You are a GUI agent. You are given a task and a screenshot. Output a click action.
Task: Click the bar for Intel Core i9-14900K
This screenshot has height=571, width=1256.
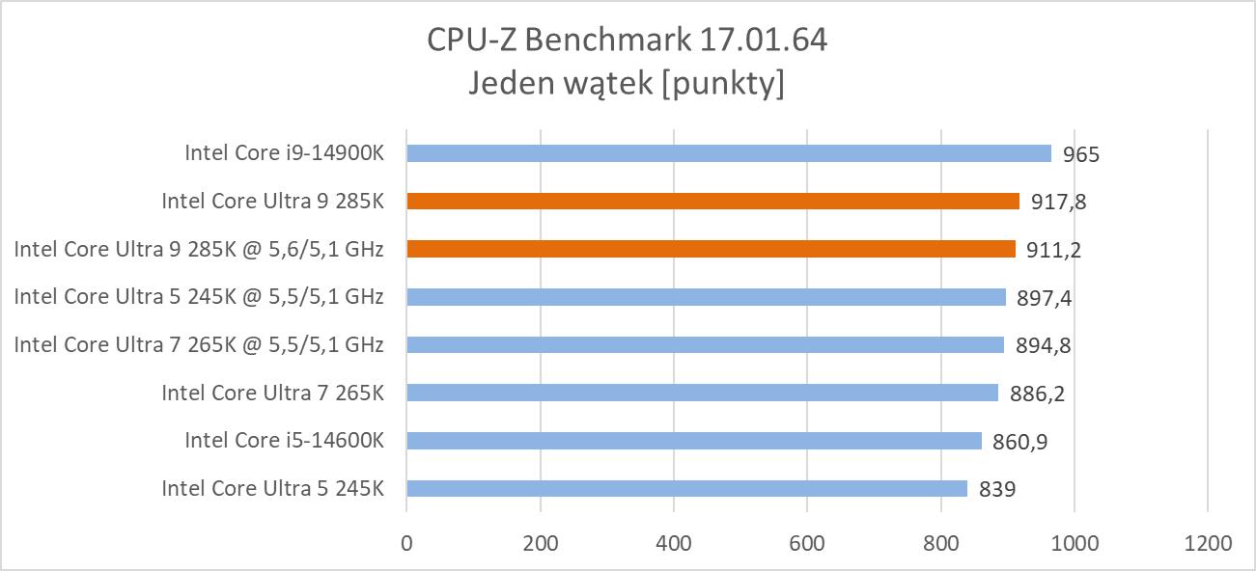point(729,153)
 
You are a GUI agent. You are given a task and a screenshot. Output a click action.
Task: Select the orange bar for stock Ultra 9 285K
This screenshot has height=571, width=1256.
point(712,202)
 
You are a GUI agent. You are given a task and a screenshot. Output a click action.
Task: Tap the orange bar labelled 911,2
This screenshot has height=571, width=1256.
point(711,249)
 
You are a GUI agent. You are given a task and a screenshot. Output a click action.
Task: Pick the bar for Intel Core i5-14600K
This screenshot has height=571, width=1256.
point(694,441)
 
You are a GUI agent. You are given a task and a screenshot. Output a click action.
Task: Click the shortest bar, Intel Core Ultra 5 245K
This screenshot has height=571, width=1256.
point(686,489)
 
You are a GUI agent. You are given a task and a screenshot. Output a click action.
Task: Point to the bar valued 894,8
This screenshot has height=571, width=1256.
point(705,345)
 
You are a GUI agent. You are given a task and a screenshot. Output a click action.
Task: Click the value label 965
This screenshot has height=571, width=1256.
point(1081,154)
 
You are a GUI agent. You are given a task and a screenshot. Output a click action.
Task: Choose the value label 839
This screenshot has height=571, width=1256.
point(997,490)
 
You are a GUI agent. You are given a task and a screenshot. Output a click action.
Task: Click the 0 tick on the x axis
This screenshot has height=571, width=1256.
point(406,542)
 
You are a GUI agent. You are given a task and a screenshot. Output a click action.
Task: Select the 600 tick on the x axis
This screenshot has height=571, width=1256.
point(807,542)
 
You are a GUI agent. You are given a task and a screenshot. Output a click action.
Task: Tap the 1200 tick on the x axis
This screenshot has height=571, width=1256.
point(1208,542)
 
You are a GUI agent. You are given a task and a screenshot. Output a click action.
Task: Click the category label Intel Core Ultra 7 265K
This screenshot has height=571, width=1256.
point(272,393)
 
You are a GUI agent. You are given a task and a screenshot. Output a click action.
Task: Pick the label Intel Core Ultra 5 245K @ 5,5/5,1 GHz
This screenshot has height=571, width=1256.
point(199,297)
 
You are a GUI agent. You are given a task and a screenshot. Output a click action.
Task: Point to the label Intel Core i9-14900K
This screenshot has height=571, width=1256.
point(284,152)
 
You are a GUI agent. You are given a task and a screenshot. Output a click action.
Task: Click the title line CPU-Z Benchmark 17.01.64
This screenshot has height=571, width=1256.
point(627,41)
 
